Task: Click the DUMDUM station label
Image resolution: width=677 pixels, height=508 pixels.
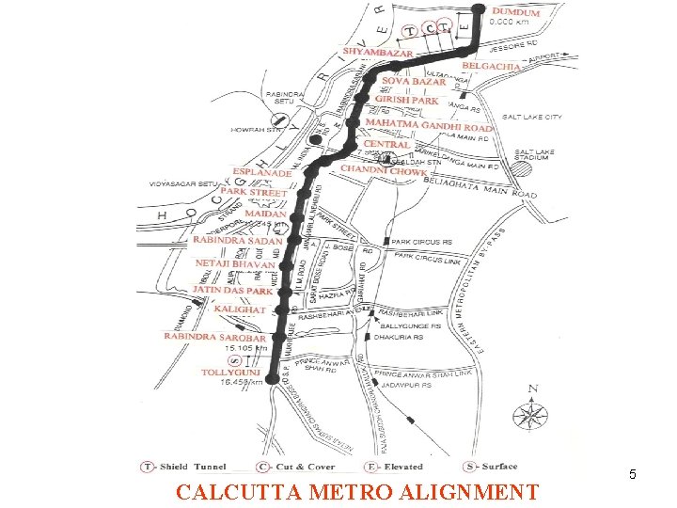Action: click(x=515, y=13)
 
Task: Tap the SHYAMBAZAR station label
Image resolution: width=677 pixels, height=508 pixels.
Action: click(x=377, y=53)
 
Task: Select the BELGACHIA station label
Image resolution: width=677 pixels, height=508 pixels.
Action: click(x=491, y=67)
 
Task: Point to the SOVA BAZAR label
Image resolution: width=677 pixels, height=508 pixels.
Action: click(x=414, y=83)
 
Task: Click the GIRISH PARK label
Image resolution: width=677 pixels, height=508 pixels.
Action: click(x=407, y=99)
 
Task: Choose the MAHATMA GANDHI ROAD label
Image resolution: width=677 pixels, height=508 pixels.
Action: click(x=429, y=126)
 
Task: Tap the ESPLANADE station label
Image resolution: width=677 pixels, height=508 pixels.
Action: click(x=262, y=173)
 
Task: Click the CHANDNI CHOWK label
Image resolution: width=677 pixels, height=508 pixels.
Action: click(x=384, y=171)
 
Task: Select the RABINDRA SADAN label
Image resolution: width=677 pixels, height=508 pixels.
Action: click(x=237, y=241)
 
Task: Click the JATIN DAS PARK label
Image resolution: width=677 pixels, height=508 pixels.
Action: click(x=232, y=290)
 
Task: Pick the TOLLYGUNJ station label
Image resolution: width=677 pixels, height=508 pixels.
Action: click(x=230, y=373)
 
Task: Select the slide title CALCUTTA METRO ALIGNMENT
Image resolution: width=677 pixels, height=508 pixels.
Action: click(x=358, y=492)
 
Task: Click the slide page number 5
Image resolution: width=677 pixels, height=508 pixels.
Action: click(x=633, y=475)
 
